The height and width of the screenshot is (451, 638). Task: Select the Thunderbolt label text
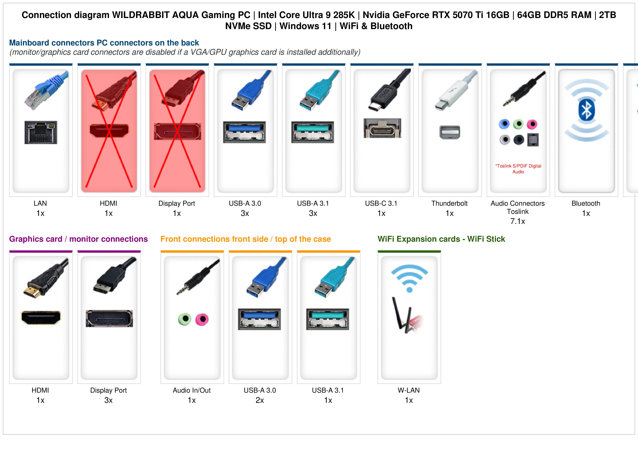point(449,203)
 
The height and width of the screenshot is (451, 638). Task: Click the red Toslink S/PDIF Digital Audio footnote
point(518,169)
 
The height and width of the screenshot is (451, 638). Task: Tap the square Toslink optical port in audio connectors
point(533,140)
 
